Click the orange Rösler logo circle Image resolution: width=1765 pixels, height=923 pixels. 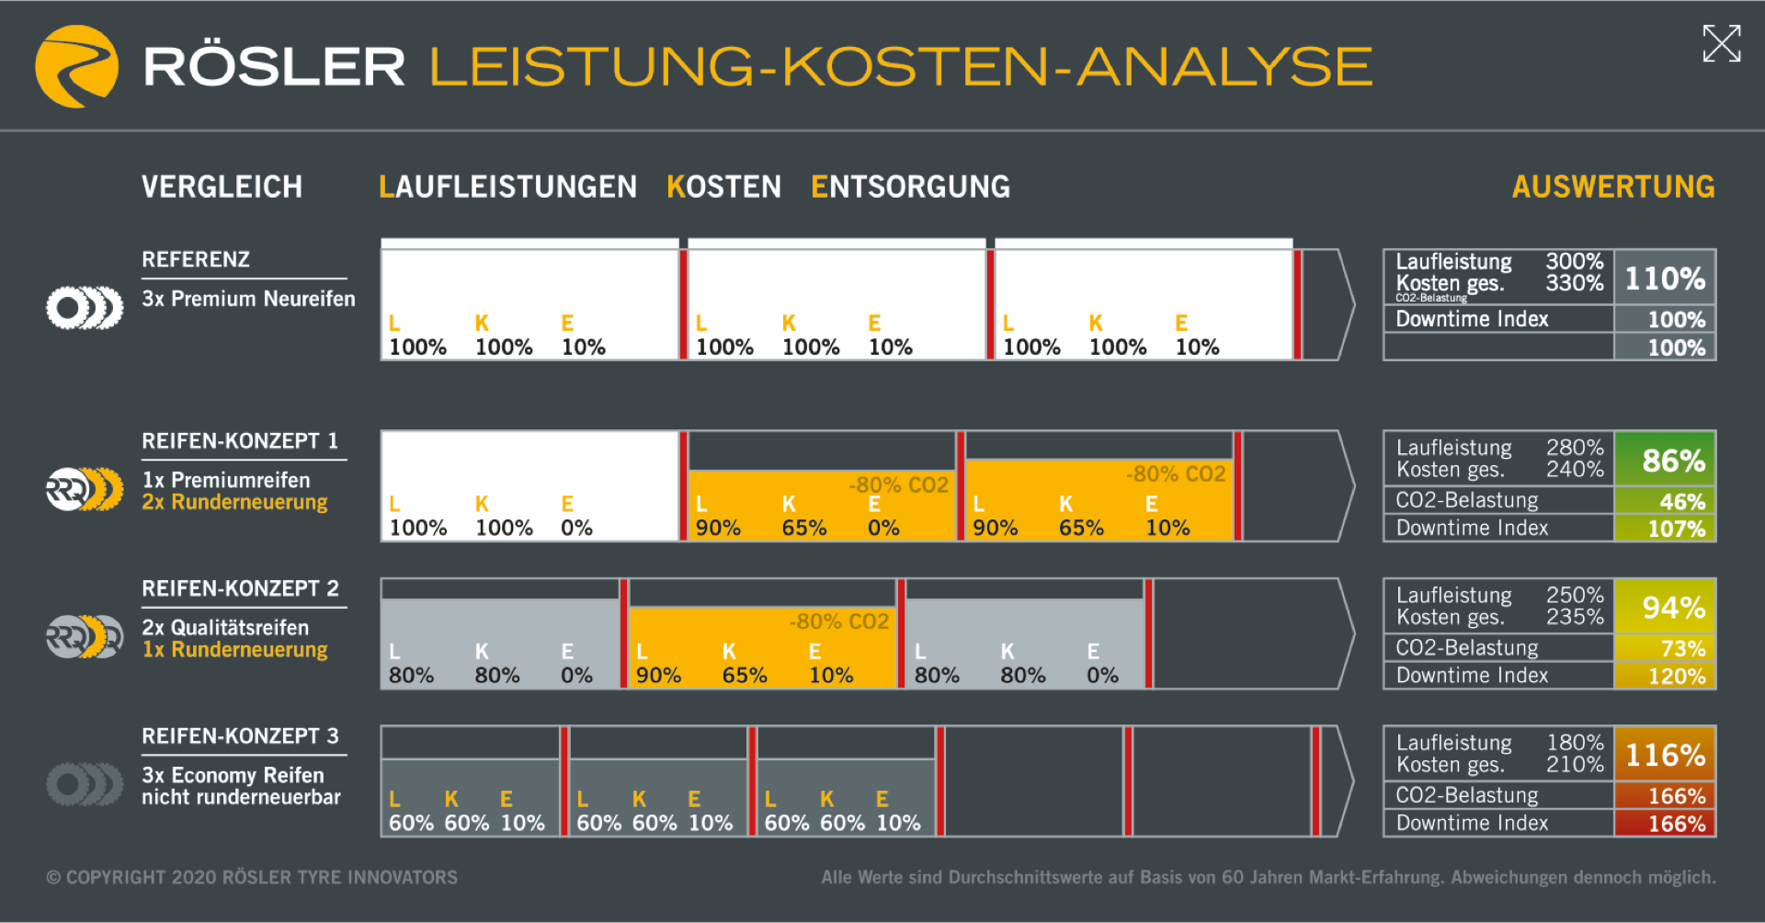tap(76, 66)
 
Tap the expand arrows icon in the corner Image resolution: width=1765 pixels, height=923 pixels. tap(1721, 43)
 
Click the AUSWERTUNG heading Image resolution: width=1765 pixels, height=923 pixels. tap(1612, 187)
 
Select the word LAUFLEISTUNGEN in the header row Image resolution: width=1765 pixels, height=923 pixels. tap(507, 187)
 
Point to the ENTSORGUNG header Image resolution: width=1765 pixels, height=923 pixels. tap(910, 187)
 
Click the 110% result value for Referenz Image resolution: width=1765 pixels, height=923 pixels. tap(1665, 278)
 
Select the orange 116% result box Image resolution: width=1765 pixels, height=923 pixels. tap(1665, 755)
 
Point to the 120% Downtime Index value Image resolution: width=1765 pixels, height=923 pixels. tap(1677, 677)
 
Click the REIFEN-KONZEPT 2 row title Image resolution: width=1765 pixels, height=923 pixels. tap(240, 588)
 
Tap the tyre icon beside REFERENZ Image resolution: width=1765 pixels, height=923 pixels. tap(85, 308)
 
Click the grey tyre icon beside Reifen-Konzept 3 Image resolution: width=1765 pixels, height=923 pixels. tap(85, 784)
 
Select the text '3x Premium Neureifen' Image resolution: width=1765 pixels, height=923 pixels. tap(248, 299)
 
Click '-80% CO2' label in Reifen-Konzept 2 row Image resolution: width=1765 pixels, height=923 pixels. tap(838, 621)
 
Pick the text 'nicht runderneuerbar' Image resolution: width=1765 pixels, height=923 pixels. tap(241, 797)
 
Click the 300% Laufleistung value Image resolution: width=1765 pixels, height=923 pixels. tap(1574, 261)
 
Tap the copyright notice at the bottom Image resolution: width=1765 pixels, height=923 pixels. tap(252, 877)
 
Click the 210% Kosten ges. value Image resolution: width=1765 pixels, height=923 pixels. tap(1575, 765)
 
